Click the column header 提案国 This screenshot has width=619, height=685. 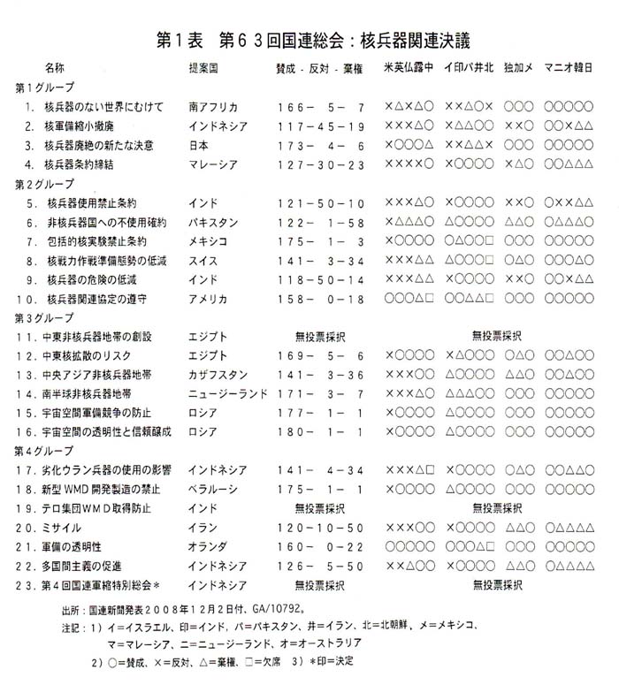(x=206, y=68)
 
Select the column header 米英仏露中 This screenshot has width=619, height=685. (x=409, y=68)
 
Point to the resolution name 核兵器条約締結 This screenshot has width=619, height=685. (x=88, y=164)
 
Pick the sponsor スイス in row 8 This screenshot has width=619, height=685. (x=203, y=261)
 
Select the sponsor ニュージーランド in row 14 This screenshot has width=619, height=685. (x=229, y=393)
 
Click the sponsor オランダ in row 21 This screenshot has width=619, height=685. (x=208, y=547)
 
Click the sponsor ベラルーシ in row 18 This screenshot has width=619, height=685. (x=213, y=489)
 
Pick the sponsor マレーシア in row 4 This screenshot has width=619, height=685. (x=213, y=164)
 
